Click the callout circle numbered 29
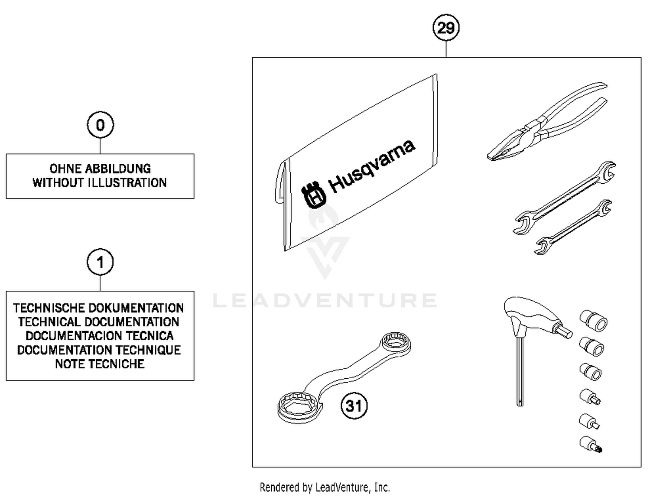(446, 28)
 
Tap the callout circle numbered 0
(100, 125)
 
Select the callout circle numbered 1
(100, 262)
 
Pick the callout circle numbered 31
(354, 406)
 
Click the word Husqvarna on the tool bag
(372, 166)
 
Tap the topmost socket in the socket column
(594, 321)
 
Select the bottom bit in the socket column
(590, 444)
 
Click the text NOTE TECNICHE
(100, 364)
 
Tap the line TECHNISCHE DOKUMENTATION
(98, 308)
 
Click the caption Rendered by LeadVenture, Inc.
(325, 487)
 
